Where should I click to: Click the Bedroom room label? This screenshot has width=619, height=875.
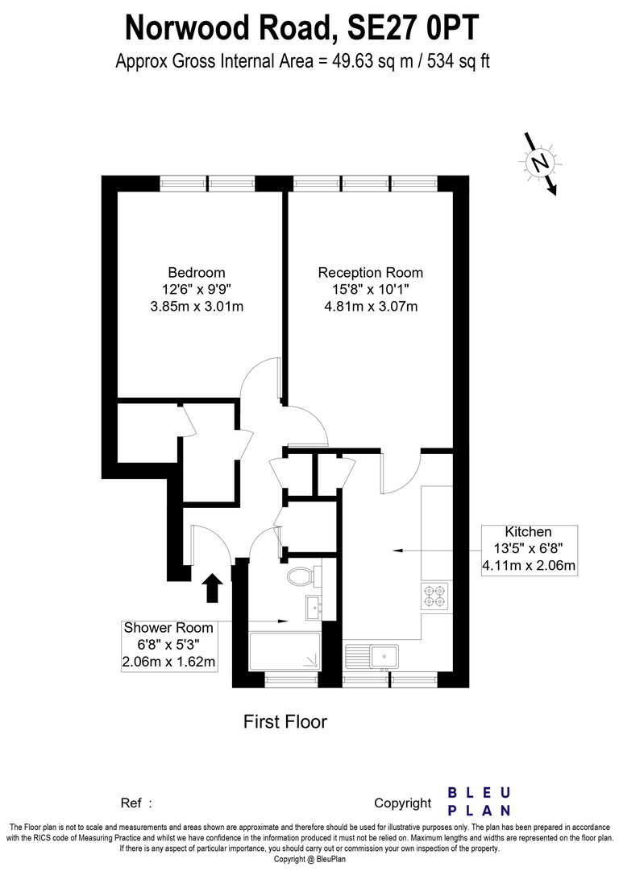(196, 273)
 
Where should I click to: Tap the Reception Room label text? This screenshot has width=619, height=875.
(370, 273)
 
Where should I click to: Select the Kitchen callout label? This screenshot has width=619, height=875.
(528, 532)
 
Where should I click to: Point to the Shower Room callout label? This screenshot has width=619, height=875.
(168, 628)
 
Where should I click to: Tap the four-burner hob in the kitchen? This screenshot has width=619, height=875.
(434, 596)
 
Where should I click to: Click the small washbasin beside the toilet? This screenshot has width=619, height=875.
(314, 606)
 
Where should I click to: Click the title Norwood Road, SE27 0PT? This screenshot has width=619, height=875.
(302, 28)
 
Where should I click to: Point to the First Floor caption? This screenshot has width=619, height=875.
(285, 721)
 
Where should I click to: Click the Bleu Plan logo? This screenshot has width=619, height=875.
(478, 801)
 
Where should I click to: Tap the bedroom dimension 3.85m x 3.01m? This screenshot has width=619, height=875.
(196, 306)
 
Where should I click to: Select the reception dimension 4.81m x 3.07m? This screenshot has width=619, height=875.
(370, 306)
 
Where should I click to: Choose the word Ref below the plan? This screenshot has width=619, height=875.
(131, 803)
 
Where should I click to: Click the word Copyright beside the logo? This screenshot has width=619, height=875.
(402, 803)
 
